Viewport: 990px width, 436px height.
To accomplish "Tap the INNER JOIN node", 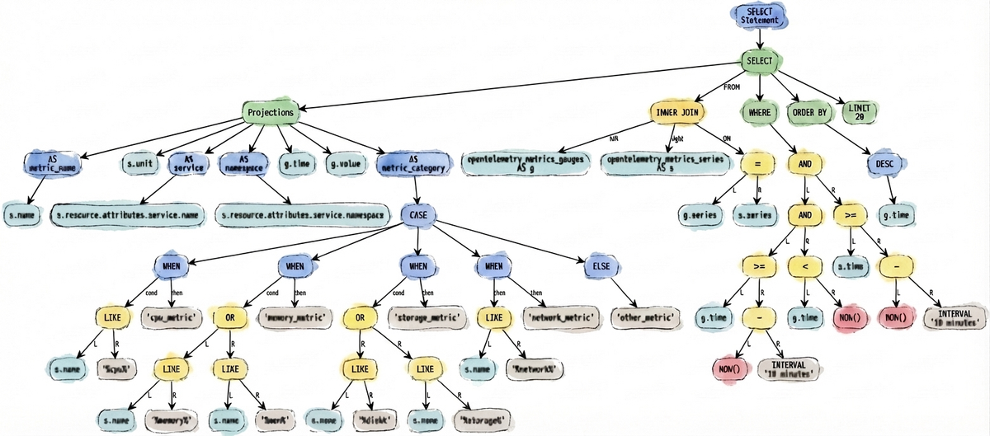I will coord(677,112).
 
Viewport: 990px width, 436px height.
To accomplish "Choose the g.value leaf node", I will coord(345,164).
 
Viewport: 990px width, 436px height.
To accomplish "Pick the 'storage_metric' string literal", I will coord(425,316).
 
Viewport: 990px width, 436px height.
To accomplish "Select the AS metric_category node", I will coord(413,163).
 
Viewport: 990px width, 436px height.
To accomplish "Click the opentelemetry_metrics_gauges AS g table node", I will coord(526,162).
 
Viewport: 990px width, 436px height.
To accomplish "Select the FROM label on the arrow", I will coord(731,87).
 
